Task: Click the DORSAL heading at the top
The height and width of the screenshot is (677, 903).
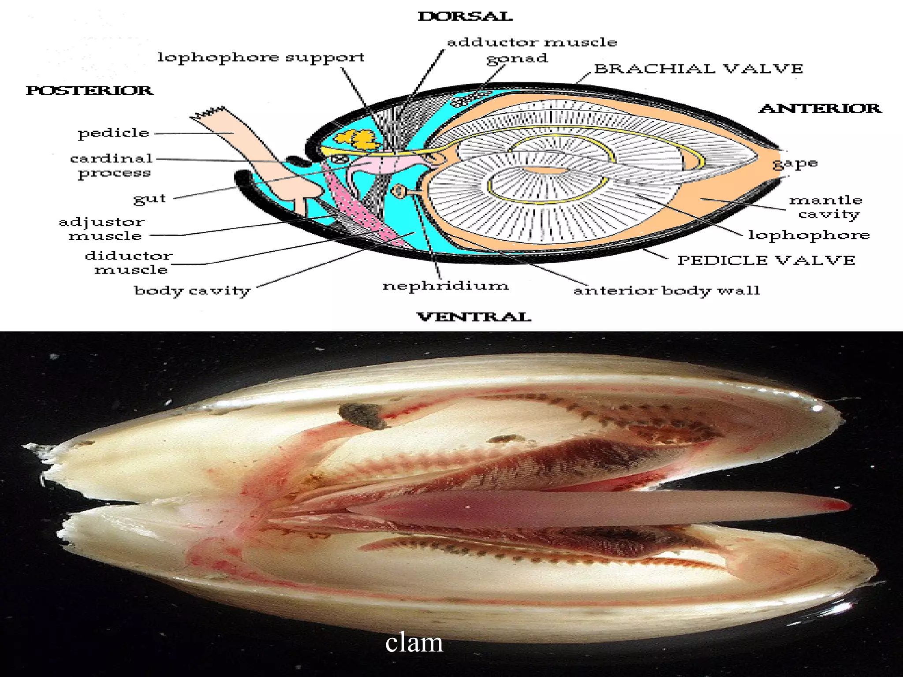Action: coord(465,17)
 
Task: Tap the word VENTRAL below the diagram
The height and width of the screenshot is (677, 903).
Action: coord(474,317)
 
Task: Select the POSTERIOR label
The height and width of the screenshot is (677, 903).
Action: coord(90,90)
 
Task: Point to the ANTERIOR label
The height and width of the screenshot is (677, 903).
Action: coord(820,108)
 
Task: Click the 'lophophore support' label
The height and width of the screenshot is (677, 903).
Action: coord(261,58)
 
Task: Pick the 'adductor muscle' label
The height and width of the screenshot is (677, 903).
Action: coord(532,42)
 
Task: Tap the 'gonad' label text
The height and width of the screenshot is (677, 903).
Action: coord(517,59)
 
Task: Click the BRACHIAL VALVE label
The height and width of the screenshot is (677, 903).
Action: coord(698,69)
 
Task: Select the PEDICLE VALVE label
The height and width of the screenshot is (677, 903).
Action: coord(766,260)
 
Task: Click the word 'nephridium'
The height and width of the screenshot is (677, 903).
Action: coord(445,286)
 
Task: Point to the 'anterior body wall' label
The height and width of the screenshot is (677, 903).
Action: coord(667,290)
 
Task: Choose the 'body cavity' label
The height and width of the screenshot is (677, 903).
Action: coord(192,291)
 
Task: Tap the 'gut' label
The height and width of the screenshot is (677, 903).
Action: coord(150,199)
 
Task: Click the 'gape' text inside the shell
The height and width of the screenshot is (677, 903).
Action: coord(795,164)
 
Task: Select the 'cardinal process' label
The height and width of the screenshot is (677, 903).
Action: coord(112,166)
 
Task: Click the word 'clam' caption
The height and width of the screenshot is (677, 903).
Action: coord(414,643)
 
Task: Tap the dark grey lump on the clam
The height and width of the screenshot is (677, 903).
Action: coord(363,416)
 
